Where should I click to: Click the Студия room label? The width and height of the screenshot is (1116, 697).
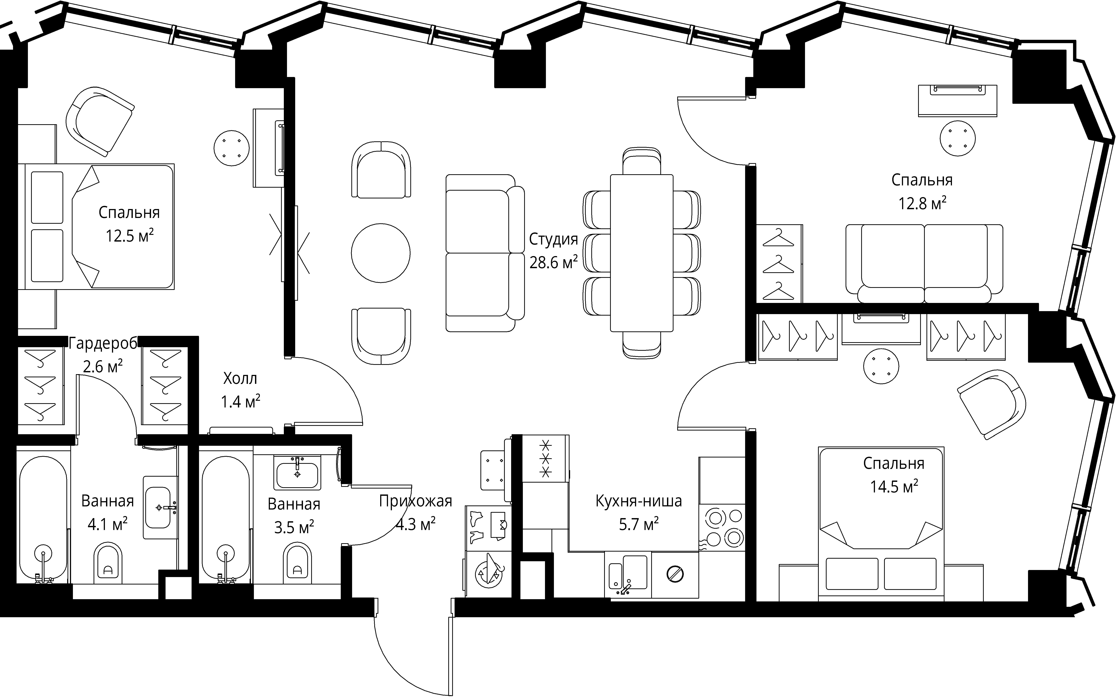point(553,239)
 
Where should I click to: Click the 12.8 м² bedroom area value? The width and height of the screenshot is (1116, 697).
point(922,203)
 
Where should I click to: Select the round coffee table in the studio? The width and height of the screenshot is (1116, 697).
point(381,253)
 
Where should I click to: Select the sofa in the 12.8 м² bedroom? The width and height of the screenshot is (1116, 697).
point(924,264)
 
